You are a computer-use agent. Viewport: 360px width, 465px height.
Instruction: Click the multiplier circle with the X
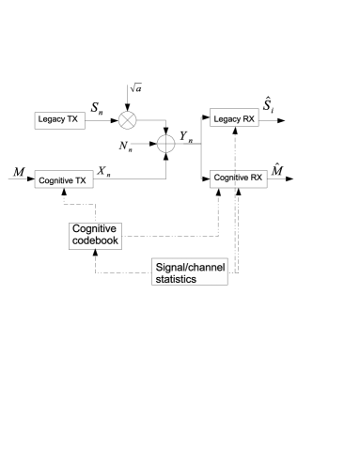pos(127,120)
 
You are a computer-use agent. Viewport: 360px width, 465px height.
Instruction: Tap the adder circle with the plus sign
pos(165,143)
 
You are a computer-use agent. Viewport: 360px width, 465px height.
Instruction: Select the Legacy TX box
pos(58,120)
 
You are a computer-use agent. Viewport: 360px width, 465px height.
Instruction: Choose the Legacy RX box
pos(233,118)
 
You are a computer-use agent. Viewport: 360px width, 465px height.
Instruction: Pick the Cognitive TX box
pos(64,179)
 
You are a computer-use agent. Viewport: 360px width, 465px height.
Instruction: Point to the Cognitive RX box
pos(238,178)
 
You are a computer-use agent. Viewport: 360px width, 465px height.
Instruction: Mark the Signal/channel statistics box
pos(190,272)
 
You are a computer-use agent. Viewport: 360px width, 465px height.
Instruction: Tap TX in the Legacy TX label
pos(72,120)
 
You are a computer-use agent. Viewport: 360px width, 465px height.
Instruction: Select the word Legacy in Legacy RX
pos(227,118)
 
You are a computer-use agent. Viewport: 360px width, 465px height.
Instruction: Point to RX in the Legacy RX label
pos(248,118)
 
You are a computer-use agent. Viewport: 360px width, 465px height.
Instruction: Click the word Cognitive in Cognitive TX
pos(55,180)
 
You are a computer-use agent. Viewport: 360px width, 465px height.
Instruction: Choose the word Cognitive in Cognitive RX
pos(230,178)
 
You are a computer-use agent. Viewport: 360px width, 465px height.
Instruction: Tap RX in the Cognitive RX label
pos(256,178)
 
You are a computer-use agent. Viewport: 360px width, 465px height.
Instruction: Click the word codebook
pos(96,241)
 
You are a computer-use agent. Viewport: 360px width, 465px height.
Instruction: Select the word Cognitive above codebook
pos(97,229)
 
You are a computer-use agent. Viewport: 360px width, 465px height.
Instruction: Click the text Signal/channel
pos(190,267)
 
